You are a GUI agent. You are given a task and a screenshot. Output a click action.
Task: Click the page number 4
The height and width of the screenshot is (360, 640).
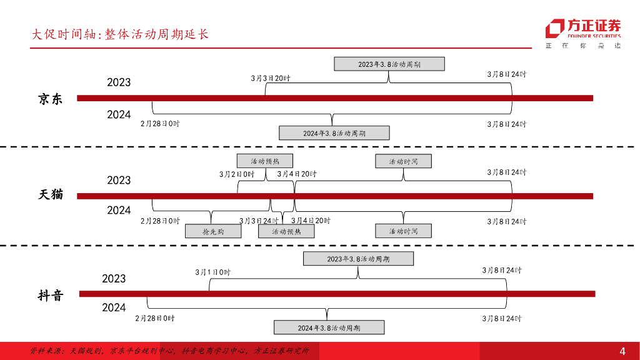[622, 350]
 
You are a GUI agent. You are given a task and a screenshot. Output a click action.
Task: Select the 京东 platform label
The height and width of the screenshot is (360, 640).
[51, 99]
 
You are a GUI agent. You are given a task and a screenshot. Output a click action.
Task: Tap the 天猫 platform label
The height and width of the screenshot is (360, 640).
[51, 194]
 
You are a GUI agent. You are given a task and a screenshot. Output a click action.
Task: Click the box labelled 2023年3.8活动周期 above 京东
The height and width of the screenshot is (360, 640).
[389, 64]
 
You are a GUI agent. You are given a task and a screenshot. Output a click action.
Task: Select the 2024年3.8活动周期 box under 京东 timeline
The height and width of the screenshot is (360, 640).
[334, 133]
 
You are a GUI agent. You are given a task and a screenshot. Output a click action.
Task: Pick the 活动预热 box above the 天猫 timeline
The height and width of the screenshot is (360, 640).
[265, 161]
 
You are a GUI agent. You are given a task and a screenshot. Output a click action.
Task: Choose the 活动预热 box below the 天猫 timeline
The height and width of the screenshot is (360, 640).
[286, 231]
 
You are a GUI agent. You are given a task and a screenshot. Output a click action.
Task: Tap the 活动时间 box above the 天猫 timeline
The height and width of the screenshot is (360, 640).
[403, 161]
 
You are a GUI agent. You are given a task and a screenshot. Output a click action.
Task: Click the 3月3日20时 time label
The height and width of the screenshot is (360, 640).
[271, 78]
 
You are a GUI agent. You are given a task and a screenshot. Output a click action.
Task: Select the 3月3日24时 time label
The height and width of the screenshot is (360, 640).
[259, 221]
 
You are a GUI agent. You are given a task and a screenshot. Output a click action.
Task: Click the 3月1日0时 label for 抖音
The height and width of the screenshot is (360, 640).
[213, 272]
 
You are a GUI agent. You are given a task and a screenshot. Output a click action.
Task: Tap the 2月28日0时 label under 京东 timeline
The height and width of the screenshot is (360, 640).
[160, 124]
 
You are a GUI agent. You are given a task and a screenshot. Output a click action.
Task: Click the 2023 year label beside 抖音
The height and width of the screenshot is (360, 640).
[114, 279]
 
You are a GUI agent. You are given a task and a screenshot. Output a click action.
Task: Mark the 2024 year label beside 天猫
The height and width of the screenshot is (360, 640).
[119, 210]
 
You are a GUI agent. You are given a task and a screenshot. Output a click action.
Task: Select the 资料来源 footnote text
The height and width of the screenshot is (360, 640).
[169, 351]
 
